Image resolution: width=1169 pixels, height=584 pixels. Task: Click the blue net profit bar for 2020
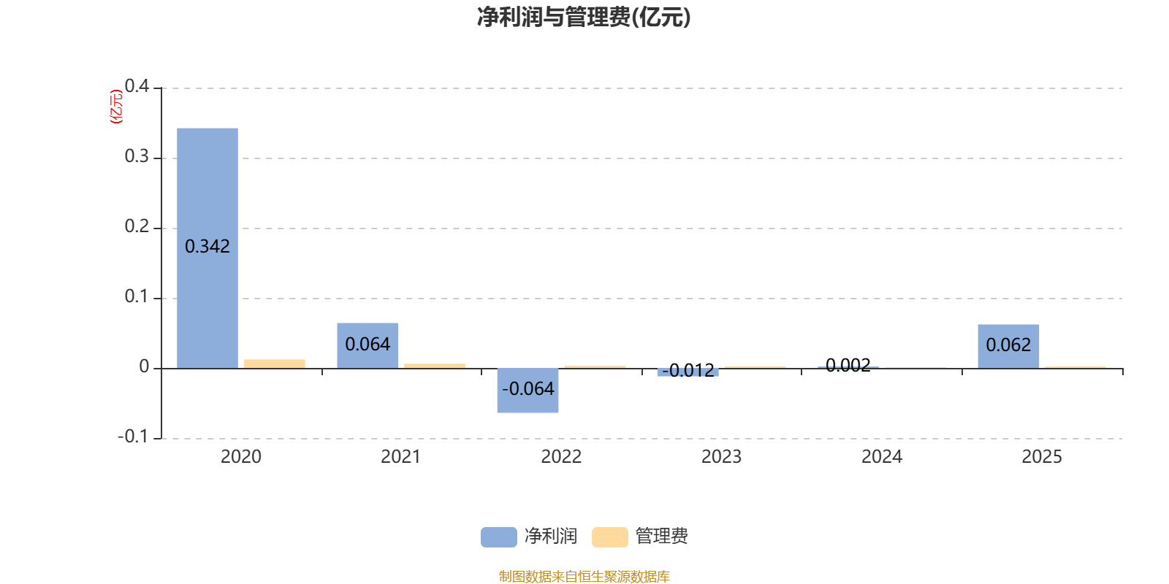tap(207, 190)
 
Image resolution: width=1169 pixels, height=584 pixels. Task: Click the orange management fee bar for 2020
tap(275, 364)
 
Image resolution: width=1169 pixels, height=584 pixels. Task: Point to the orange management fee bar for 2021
tap(435, 366)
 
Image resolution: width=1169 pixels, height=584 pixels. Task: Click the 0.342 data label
tap(207, 247)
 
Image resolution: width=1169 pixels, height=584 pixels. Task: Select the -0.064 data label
tap(528, 389)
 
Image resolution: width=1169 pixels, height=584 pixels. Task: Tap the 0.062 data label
tap(1008, 345)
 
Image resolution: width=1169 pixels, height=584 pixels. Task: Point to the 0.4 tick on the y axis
tap(137, 86)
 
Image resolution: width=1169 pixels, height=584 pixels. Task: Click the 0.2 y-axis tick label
tap(137, 226)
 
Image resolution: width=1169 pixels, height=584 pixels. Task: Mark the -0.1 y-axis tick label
tap(133, 437)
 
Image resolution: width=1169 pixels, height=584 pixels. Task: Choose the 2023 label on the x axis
tap(721, 457)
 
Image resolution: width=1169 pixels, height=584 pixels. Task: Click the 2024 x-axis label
tap(882, 457)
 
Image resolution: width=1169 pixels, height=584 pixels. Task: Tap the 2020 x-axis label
tap(241, 457)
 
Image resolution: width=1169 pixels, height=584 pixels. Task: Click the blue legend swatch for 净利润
tap(498, 537)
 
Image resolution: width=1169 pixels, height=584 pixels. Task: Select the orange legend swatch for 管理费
tap(609, 537)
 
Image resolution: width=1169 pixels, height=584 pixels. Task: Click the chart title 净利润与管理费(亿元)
tap(584, 17)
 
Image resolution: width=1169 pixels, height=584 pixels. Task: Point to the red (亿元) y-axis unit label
tap(115, 107)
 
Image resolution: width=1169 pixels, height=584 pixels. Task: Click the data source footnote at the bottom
tap(584, 577)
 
